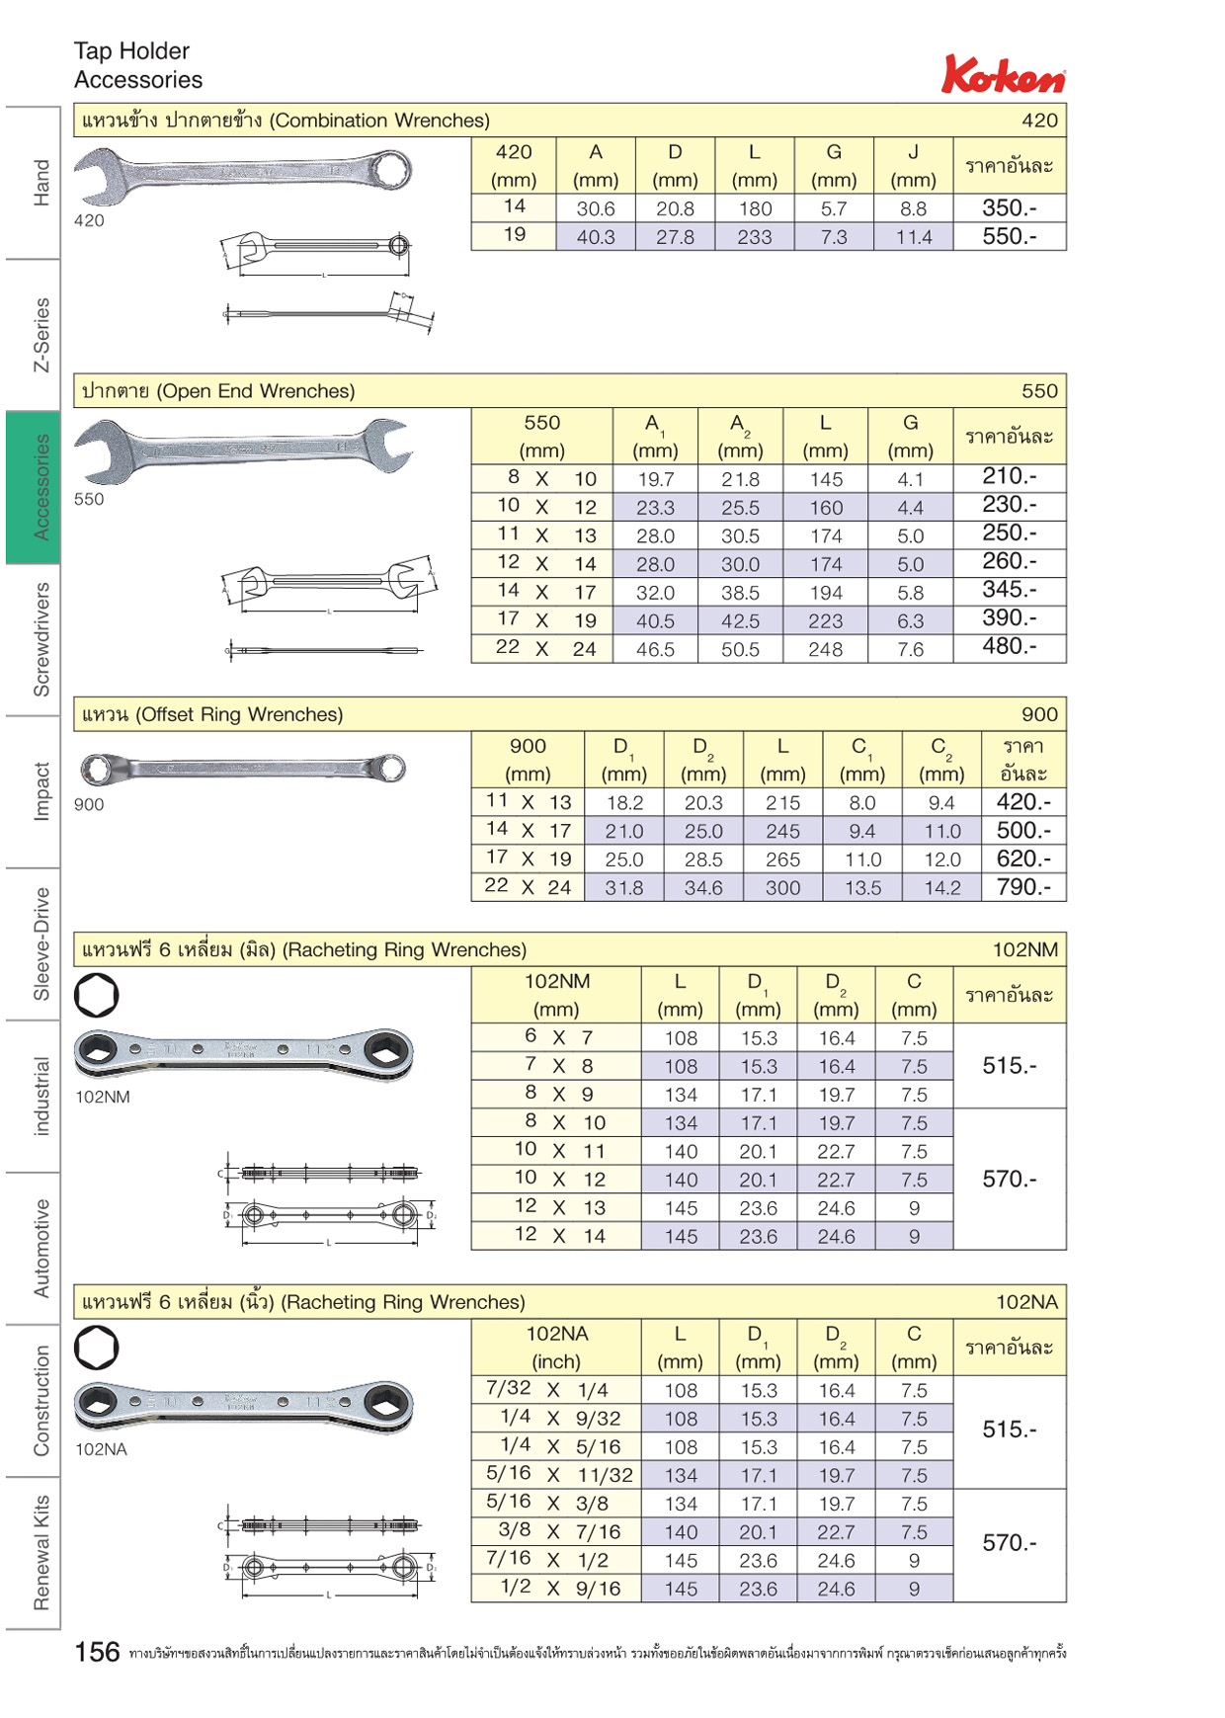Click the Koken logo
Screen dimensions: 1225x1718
click(1004, 74)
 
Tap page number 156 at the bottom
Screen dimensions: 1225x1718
click(97, 1652)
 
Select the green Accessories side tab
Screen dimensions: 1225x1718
click(33, 487)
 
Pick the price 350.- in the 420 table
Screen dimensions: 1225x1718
click(1009, 208)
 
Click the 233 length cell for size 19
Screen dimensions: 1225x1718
click(755, 237)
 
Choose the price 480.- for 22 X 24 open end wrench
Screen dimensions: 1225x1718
click(1009, 646)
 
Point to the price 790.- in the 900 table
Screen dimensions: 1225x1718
click(1023, 887)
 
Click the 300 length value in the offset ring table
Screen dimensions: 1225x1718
click(782, 888)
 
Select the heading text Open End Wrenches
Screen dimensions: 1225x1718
click(256, 391)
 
